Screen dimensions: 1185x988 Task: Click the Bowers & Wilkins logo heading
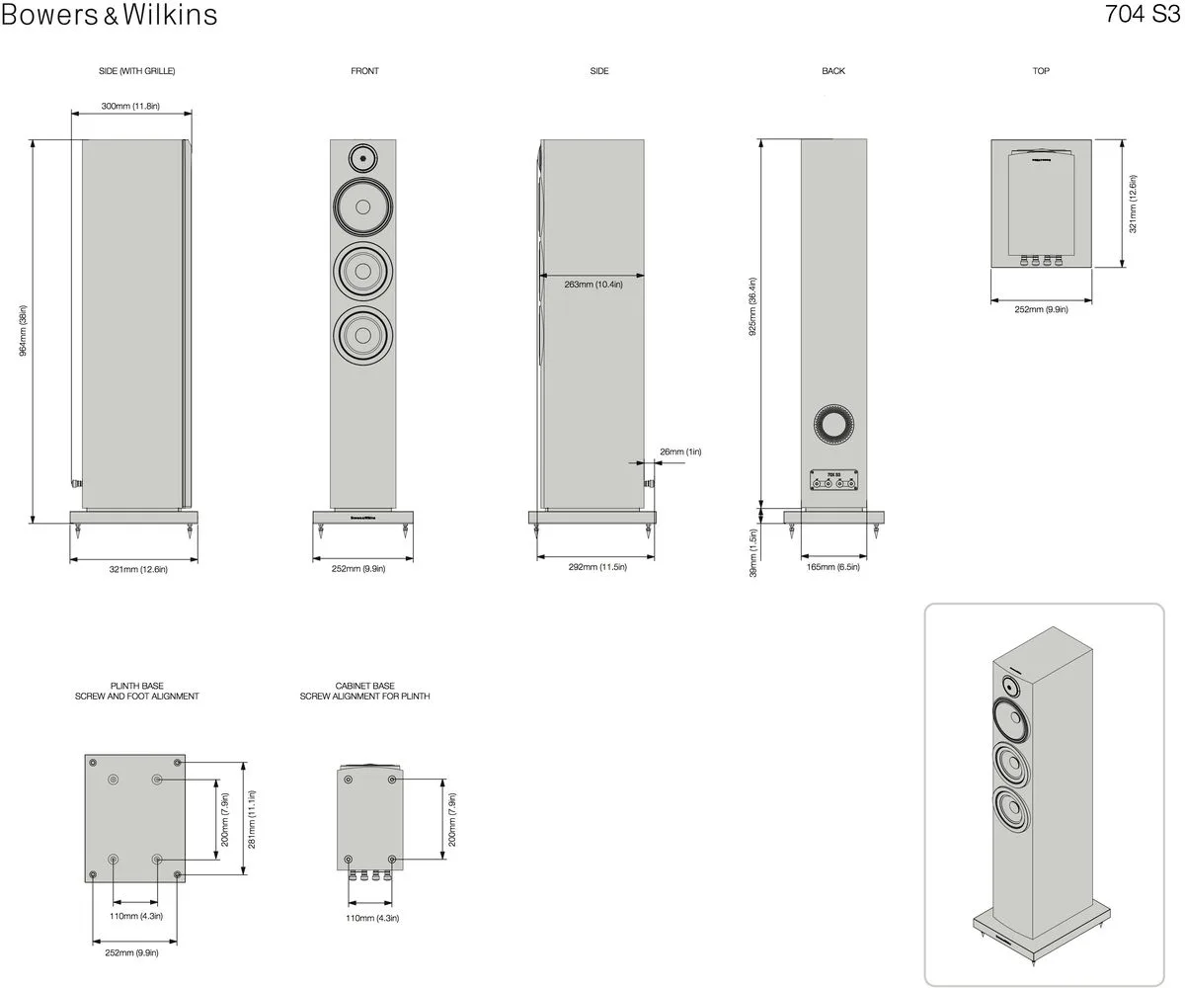[x=109, y=15]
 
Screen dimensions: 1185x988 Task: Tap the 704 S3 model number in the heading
[x=1143, y=14]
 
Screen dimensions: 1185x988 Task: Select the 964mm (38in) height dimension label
[x=23, y=330]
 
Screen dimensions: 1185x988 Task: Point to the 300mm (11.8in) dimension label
[x=130, y=106]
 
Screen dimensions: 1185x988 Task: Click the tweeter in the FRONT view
[x=362, y=158]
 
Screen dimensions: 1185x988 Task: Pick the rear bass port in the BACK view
[x=833, y=424]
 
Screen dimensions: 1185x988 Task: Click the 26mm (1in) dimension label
[x=680, y=452]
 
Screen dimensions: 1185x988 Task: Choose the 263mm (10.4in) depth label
[x=593, y=284]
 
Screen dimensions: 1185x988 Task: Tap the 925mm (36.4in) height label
[x=752, y=306]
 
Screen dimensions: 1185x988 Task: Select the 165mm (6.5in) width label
[x=833, y=567]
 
